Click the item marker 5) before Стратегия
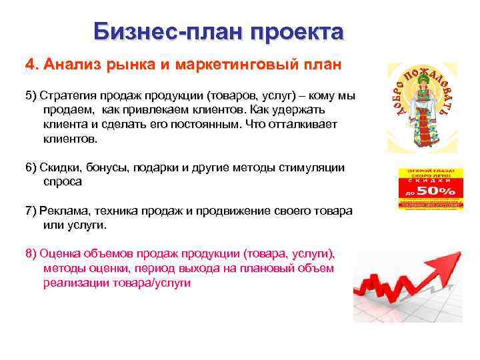(x=31, y=95)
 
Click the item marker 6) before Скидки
(x=31, y=167)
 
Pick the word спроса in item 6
(x=63, y=181)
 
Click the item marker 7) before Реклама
(x=31, y=211)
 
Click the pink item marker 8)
(x=31, y=253)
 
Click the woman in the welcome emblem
(x=423, y=110)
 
